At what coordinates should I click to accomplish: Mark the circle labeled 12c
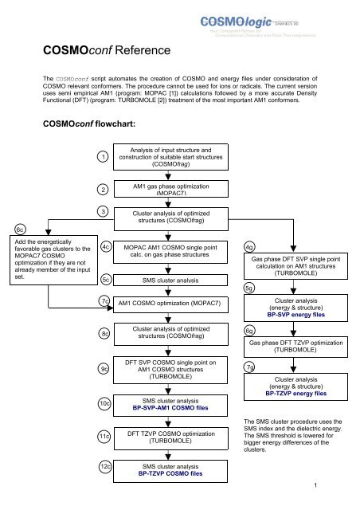tap(104, 465)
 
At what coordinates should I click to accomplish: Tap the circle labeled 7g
tap(250, 367)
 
